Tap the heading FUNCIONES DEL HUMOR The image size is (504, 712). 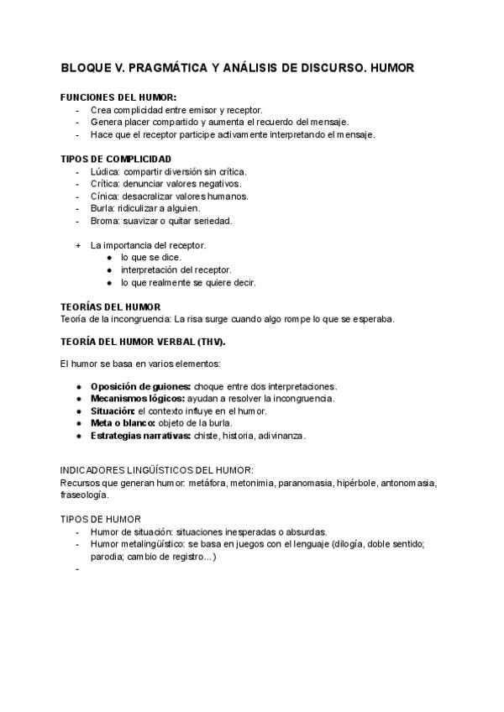pyautogui.click(x=118, y=97)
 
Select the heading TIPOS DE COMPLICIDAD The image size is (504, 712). pyautogui.click(x=116, y=159)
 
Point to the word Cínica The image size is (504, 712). pyautogui.click(x=105, y=196)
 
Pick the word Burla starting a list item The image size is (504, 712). pyautogui.click(x=102, y=208)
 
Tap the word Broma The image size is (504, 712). pyautogui.click(x=105, y=221)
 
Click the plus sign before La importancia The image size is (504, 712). pyautogui.click(x=78, y=245)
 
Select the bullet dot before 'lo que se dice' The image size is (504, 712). pyautogui.click(x=110, y=258)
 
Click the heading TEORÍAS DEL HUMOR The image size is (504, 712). pyautogui.click(x=111, y=306)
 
